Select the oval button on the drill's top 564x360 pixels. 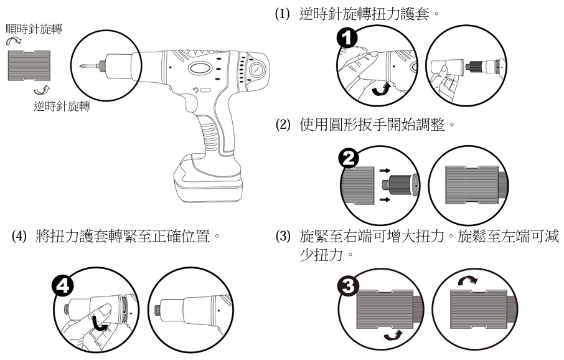click(201, 70)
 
